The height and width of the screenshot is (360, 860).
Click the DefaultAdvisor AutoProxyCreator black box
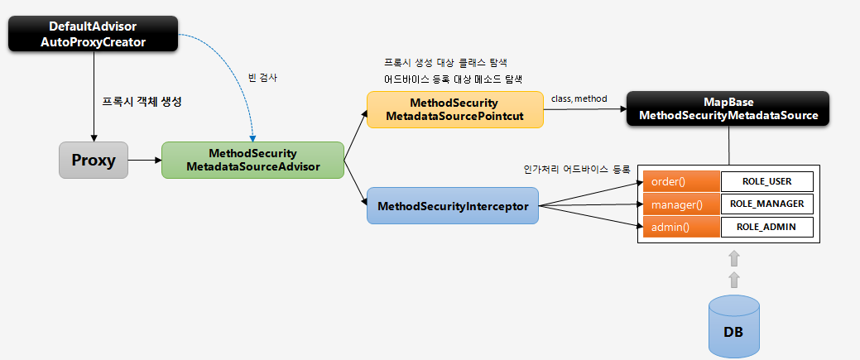(x=93, y=33)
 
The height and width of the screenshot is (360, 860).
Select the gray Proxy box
(x=94, y=160)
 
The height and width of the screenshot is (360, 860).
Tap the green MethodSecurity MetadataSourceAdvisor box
(x=252, y=161)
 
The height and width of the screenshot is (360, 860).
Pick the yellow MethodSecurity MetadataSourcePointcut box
(x=454, y=109)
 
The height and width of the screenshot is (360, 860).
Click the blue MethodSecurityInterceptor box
(x=453, y=206)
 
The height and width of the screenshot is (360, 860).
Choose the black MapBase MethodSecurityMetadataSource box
(x=728, y=108)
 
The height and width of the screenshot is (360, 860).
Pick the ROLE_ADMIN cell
(x=766, y=227)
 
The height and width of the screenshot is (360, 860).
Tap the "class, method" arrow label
(x=579, y=98)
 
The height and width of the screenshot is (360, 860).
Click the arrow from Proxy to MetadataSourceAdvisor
(x=145, y=160)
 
